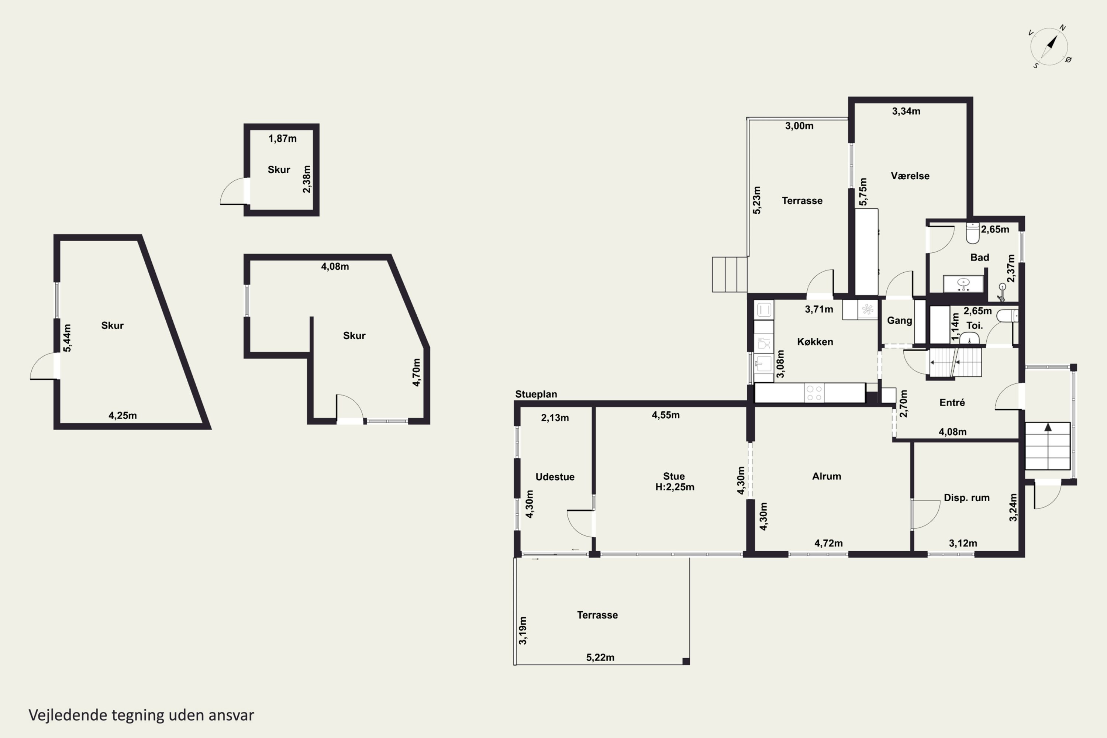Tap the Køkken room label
(x=815, y=342)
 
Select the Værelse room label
(x=910, y=176)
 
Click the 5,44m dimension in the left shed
(x=67, y=338)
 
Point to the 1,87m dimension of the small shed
(x=282, y=138)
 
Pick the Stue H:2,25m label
(x=675, y=482)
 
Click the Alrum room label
(x=827, y=476)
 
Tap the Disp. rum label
(x=966, y=497)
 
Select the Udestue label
(x=555, y=477)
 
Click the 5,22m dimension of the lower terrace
(x=600, y=658)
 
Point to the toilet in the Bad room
(x=972, y=233)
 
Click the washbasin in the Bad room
(x=963, y=283)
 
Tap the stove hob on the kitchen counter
(x=814, y=393)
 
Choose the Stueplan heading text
(x=536, y=394)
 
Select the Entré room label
(x=952, y=403)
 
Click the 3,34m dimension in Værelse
(x=906, y=111)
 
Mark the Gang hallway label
(x=900, y=321)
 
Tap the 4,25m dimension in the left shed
(x=123, y=415)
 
